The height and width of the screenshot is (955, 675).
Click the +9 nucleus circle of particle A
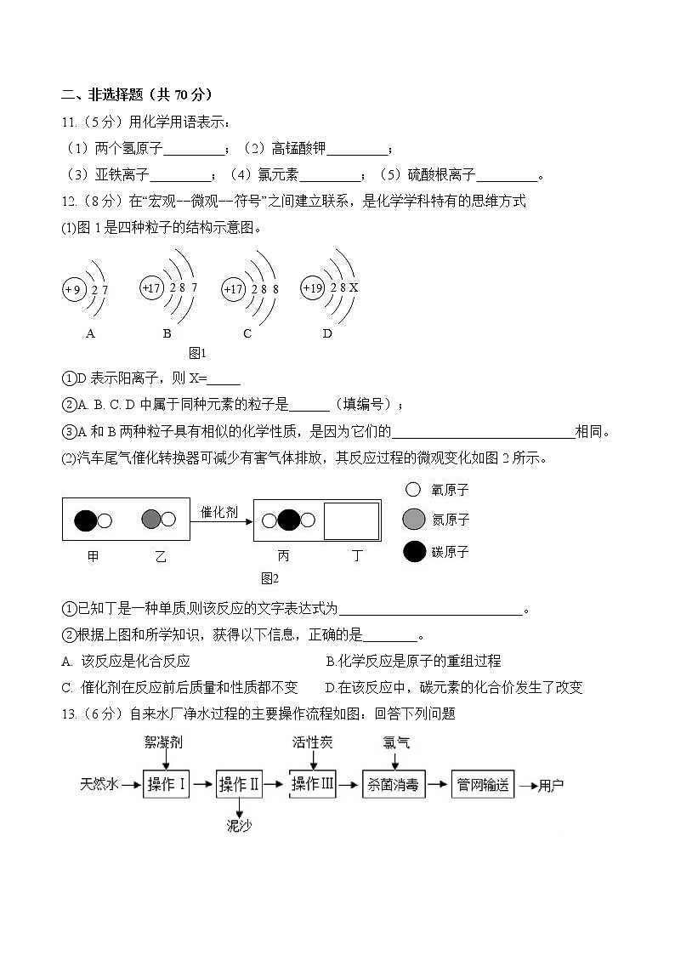72,290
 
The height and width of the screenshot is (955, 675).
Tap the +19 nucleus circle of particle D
313,288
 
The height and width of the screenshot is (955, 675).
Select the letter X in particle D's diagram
354,288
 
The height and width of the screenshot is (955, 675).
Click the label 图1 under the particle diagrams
197,352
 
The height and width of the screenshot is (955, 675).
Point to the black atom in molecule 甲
86,520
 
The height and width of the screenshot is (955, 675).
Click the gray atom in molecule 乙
151,519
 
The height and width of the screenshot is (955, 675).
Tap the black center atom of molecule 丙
288,520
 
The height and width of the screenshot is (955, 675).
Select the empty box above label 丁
350,520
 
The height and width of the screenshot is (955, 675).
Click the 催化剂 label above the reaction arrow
219,512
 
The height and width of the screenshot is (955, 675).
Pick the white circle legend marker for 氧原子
413,490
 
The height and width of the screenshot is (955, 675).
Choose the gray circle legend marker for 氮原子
414,519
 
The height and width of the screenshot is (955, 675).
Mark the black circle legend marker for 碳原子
414,552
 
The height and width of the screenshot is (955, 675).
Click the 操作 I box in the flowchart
167,785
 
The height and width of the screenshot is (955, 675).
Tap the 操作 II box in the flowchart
239,785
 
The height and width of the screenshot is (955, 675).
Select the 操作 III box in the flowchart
313,784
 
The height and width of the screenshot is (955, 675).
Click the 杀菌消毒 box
392,785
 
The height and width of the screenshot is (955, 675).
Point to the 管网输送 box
482,785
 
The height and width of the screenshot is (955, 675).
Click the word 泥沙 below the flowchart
239,825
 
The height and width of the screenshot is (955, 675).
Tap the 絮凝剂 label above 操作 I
165,742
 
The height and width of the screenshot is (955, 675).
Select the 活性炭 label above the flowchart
313,742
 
